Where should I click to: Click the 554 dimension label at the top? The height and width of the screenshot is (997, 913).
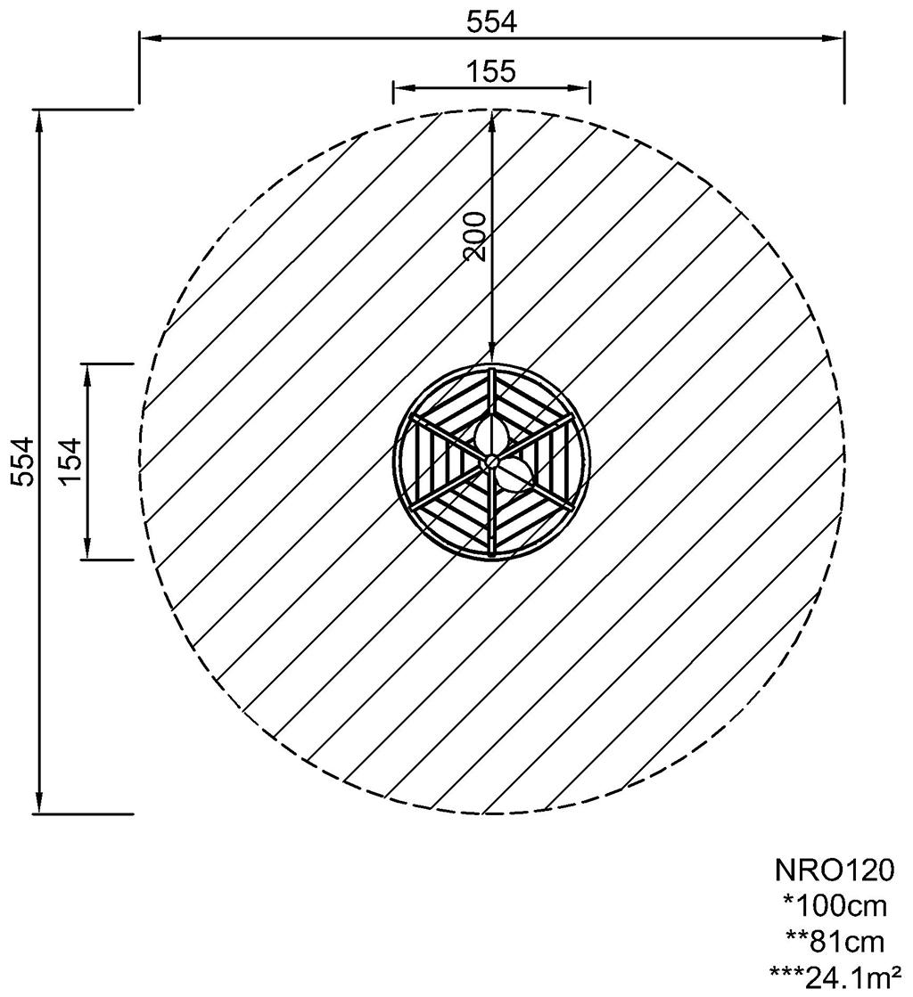(492, 22)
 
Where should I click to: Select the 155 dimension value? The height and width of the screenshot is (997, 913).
(491, 71)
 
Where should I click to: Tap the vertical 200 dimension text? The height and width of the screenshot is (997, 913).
(476, 236)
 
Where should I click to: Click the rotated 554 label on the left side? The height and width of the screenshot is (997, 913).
(22, 461)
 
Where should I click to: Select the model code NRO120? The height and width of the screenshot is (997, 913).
(835, 870)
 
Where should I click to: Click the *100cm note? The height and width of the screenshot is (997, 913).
(835, 906)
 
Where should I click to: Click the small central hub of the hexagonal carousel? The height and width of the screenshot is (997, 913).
(490, 461)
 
